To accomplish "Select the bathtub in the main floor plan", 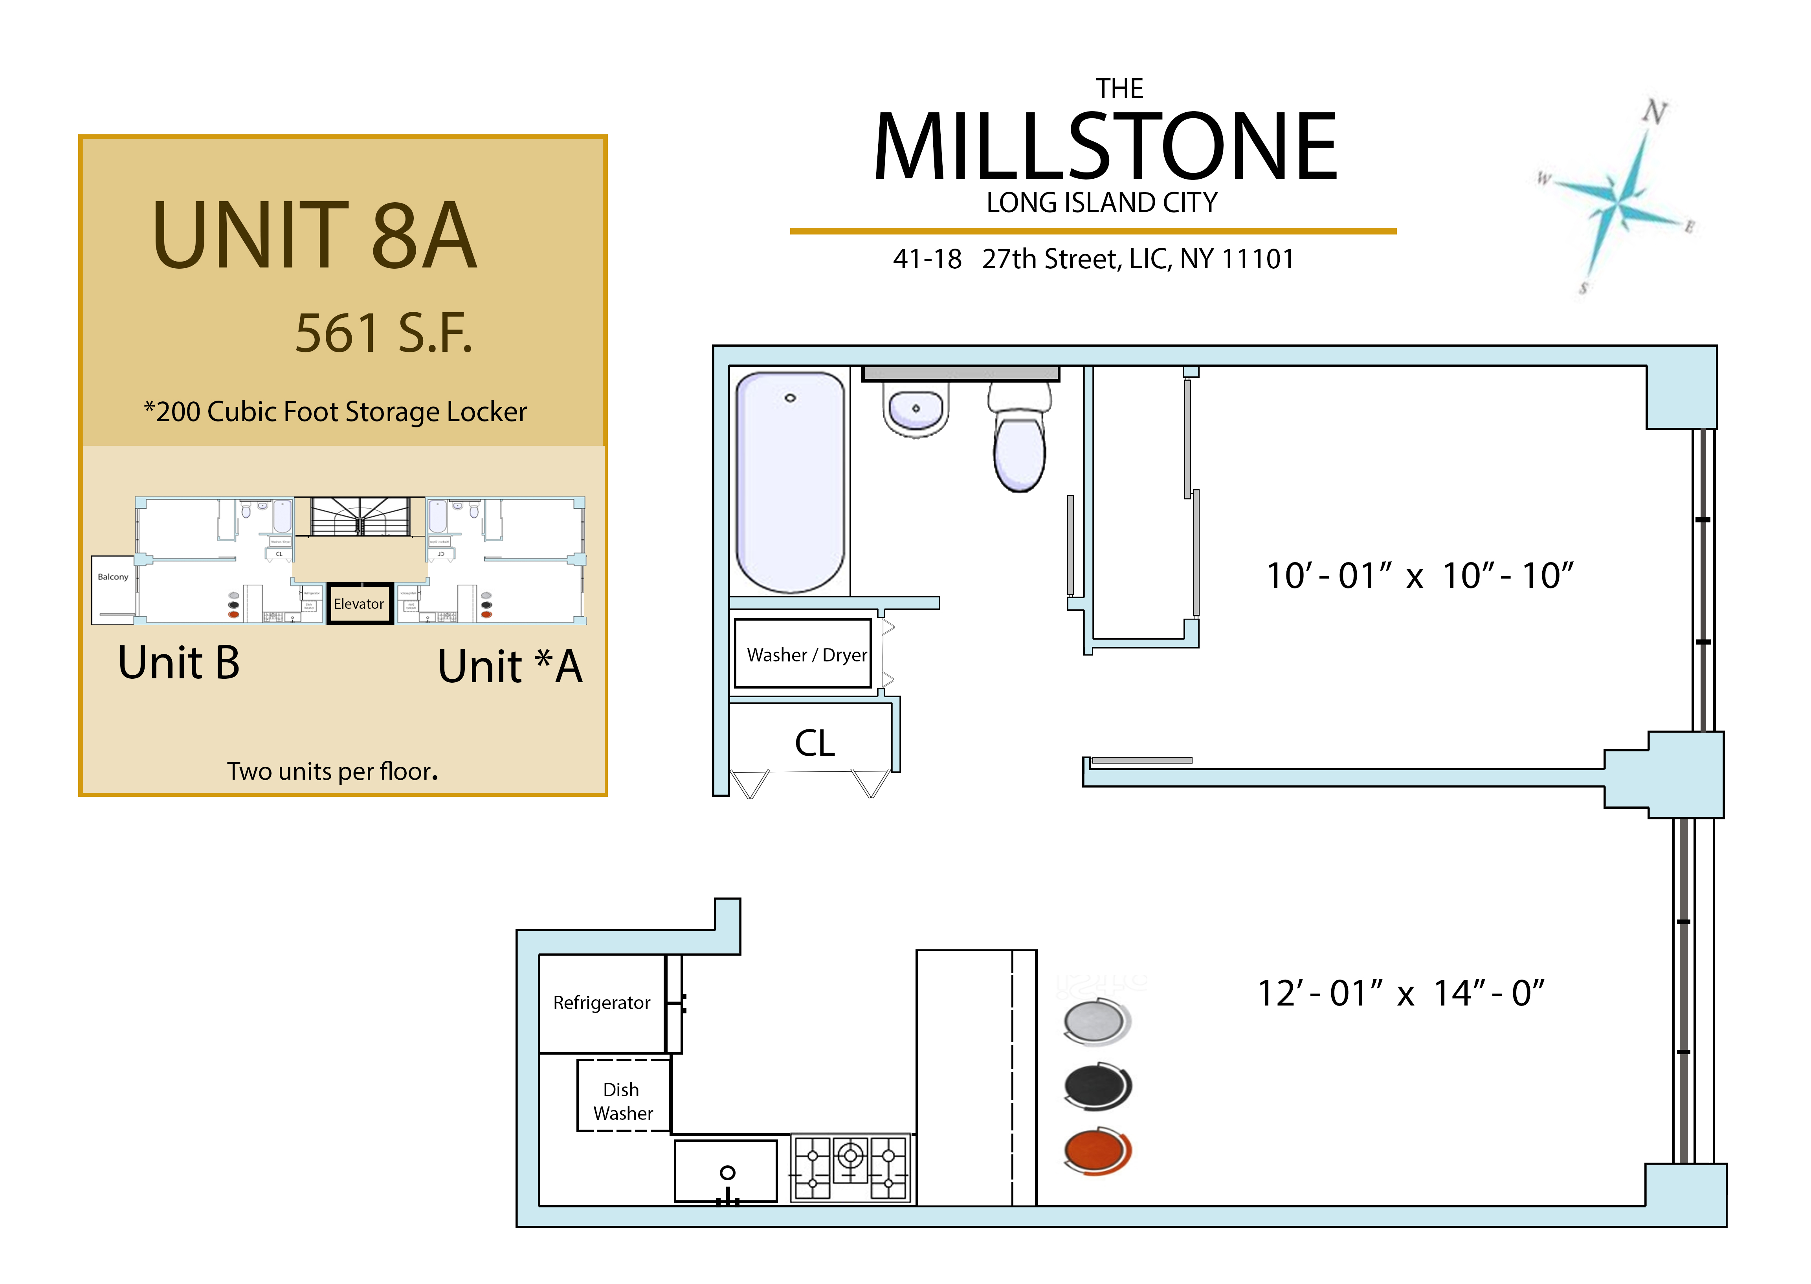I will click(x=790, y=482).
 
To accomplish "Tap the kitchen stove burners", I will click(x=850, y=1169).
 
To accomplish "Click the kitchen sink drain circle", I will click(x=728, y=1172).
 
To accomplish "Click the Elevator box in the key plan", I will click(x=359, y=604).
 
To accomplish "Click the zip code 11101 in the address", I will click(x=1257, y=259).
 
